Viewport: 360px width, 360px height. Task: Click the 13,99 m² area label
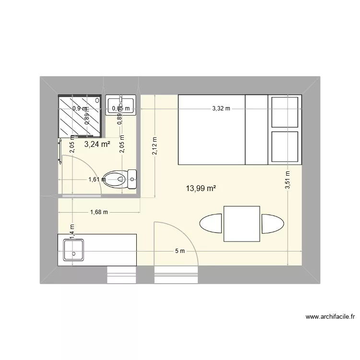(201, 189)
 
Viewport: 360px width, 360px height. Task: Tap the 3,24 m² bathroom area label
(97, 144)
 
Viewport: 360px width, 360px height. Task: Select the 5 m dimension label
(180, 251)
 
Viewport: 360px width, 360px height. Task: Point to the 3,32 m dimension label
(221, 109)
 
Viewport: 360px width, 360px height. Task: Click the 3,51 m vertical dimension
(287, 180)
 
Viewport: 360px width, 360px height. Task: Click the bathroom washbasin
(120, 106)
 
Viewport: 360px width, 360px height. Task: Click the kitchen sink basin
(74, 250)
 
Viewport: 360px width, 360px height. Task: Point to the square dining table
(242, 224)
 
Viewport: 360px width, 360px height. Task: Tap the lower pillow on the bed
(285, 146)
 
